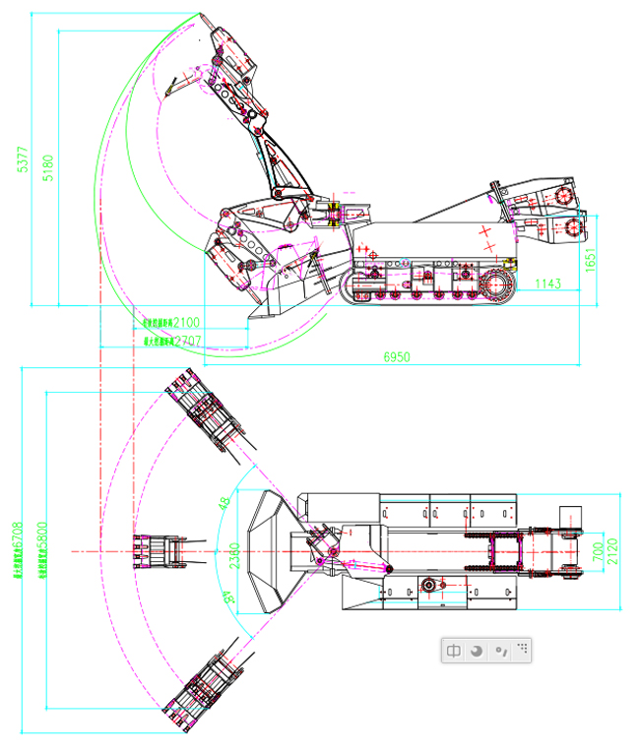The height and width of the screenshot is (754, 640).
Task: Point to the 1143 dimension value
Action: (x=548, y=284)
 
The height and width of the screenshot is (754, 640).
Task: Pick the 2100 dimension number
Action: (x=186, y=322)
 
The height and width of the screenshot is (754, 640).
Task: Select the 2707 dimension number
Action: (x=187, y=341)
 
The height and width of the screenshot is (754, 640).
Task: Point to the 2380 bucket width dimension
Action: (x=234, y=558)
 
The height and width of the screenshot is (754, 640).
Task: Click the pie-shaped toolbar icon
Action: (x=477, y=651)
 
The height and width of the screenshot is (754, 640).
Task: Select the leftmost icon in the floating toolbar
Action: (x=454, y=651)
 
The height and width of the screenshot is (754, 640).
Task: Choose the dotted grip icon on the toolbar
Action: (x=523, y=649)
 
